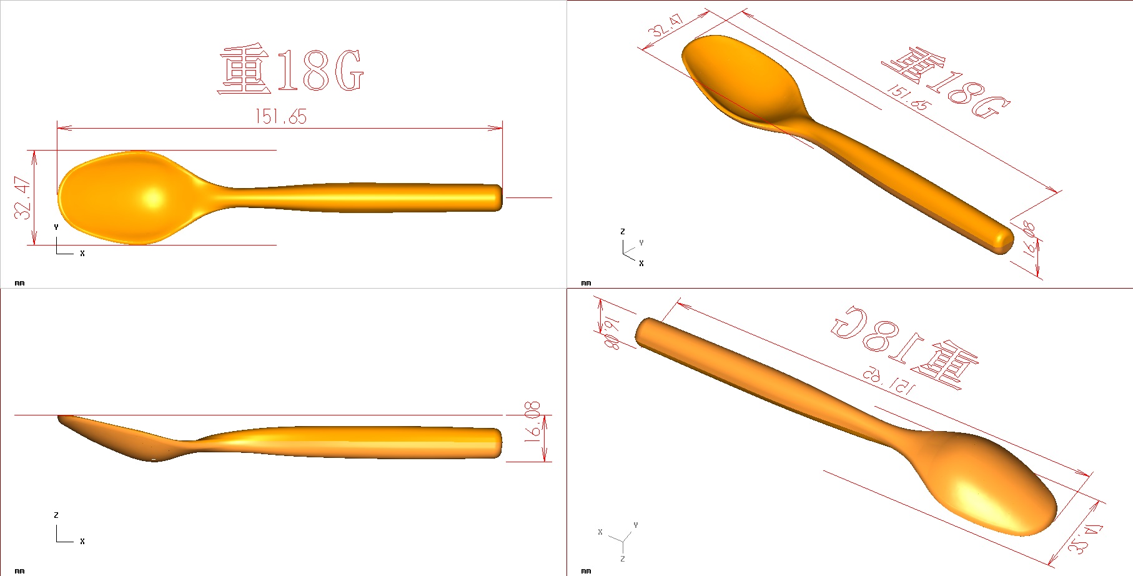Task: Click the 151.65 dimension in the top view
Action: [280, 117]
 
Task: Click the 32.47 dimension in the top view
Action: [22, 197]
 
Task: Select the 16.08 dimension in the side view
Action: [532, 422]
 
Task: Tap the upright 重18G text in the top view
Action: [291, 71]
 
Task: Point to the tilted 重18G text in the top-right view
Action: [946, 84]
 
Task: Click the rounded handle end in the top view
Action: [497, 197]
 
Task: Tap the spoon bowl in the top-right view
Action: [743, 81]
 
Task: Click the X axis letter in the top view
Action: [82, 254]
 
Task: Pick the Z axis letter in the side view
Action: [56, 515]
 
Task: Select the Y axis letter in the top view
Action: [56, 227]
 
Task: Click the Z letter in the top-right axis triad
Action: [622, 232]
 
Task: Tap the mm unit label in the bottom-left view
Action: [19, 571]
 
